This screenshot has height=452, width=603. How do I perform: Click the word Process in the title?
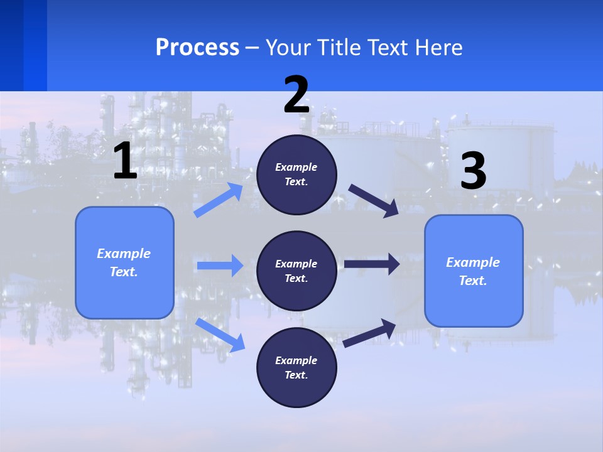197,48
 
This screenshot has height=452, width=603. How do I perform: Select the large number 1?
124,161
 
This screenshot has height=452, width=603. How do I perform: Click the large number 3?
473,171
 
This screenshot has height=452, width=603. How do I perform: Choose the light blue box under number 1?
124,262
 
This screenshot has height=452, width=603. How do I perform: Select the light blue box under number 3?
474,271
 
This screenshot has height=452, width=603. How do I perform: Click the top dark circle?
297,175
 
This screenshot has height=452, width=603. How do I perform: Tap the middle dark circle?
297,271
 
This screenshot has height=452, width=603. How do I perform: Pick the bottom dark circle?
297,368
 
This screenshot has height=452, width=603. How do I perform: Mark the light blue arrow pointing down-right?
220,335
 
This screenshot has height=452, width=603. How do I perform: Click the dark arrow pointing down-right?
373,201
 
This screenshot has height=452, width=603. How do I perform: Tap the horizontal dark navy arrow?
372,264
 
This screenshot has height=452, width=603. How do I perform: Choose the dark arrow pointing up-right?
369,333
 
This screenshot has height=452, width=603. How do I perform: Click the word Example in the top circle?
296,168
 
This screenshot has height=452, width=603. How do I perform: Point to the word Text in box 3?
472,281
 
